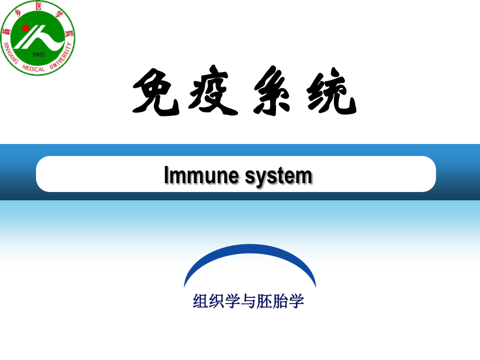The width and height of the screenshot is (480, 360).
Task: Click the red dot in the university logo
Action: pos(26,27)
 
